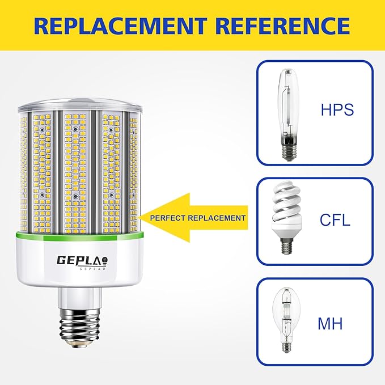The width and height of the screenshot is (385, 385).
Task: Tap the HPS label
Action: tap(337, 109)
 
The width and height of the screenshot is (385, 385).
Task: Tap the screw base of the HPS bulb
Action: tap(286, 151)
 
